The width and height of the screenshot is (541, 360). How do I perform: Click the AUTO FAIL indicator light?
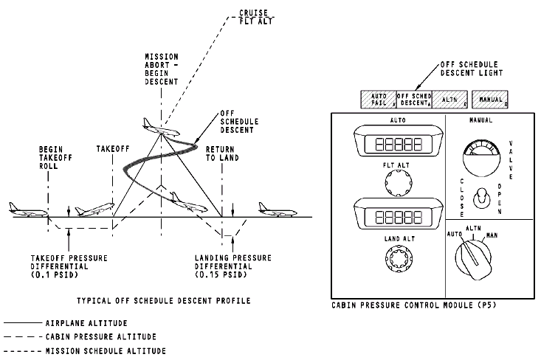tap(378, 98)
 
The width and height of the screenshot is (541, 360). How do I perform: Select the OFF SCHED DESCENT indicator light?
tap(414, 98)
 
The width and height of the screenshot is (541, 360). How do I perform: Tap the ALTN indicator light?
tap(450, 98)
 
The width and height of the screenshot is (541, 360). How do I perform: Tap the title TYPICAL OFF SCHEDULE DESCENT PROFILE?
tap(164, 301)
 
